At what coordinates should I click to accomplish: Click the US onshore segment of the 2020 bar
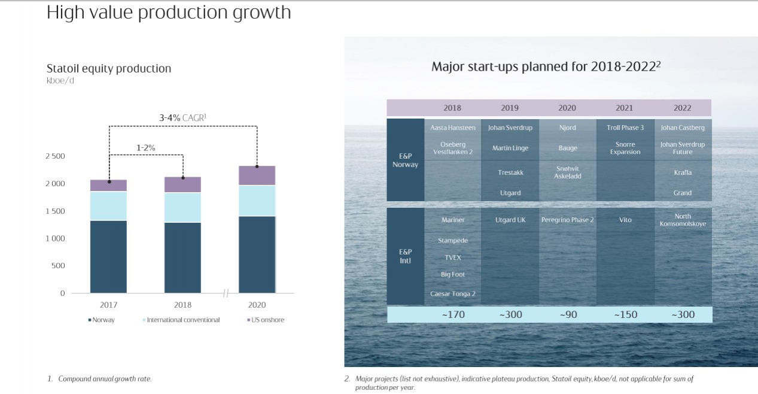tap(257, 175)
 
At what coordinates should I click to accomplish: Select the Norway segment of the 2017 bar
tap(108, 256)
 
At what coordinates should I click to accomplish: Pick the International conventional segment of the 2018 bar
tap(182, 207)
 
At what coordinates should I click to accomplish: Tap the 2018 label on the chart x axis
tap(182, 305)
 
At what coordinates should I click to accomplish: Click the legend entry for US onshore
tap(266, 320)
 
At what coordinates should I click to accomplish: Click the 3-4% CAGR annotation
tap(182, 119)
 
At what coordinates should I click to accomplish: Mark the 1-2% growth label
tap(147, 147)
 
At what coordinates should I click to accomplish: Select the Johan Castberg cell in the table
tap(682, 128)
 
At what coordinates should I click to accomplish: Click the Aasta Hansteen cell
tap(452, 128)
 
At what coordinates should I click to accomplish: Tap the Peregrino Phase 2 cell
tap(567, 220)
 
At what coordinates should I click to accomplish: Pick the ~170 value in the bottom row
tap(452, 314)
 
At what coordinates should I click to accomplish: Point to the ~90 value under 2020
tap(567, 314)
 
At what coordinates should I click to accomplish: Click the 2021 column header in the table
tap(624, 108)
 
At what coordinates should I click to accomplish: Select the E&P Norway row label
tap(405, 160)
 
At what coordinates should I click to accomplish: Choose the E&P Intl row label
tap(405, 256)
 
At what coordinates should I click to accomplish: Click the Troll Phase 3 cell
tap(625, 128)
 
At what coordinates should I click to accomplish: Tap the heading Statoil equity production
tap(109, 68)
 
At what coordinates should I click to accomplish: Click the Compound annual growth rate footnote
tap(105, 379)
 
